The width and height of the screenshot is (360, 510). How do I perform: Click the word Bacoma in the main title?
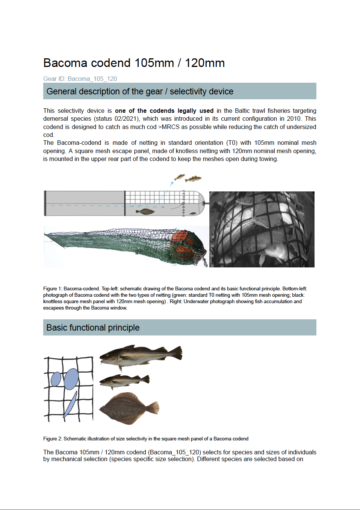click(x=66, y=63)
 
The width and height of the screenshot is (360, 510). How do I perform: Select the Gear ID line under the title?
click(x=80, y=79)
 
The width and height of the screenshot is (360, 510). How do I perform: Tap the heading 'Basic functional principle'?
click(x=93, y=328)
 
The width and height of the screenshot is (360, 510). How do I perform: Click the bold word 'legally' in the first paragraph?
click(x=187, y=111)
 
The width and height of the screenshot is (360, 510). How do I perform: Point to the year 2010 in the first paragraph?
click(x=294, y=118)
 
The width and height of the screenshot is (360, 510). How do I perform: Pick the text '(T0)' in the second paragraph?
click(x=232, y=143)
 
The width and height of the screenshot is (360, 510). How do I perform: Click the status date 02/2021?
click(x=127, y=118)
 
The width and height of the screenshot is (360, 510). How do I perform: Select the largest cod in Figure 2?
click(x=139, y=355)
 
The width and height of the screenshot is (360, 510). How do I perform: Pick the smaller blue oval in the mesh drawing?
click(x=56, y=379)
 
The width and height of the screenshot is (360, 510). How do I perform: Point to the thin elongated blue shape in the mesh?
click(x=71, y=404)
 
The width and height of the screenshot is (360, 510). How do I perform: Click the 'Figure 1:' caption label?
click(x=53, y=289)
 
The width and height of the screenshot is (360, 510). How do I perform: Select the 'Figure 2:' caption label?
click(x=53, y=439)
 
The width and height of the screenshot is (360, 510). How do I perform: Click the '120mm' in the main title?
click(x=205, y=63)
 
